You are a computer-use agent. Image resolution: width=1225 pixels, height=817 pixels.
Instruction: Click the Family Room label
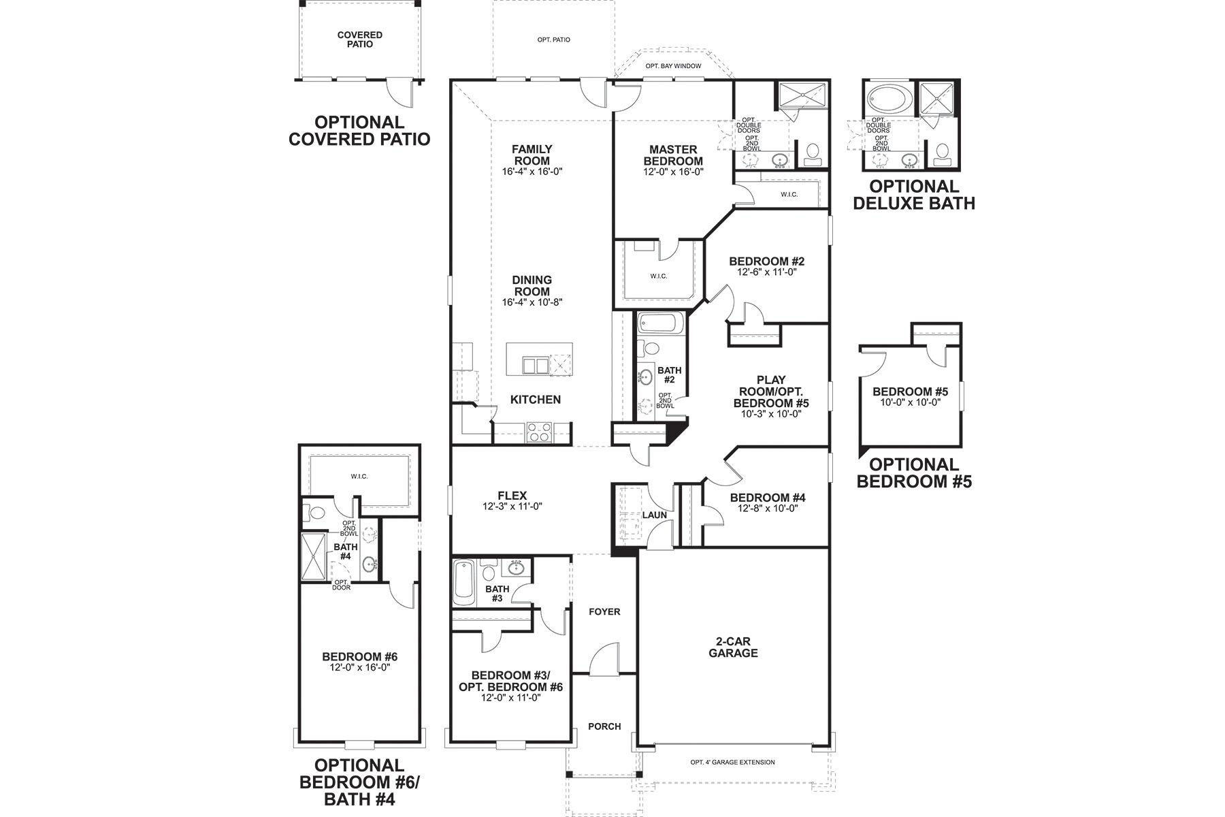coord(532,155)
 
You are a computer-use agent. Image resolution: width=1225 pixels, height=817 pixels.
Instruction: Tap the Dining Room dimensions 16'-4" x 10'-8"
coord(532,302)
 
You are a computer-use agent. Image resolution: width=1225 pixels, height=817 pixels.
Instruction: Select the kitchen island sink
coord(535,366)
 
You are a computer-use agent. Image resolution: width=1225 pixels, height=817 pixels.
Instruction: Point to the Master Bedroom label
coord(672,155)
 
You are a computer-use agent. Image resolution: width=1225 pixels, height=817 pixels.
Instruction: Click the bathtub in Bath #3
coord(463,583)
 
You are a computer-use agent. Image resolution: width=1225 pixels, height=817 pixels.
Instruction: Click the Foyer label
coord(604,611)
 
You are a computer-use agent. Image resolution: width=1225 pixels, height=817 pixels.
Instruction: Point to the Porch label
coord(604,726)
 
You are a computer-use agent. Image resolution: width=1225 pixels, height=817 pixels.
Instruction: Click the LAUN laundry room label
coord(655,515)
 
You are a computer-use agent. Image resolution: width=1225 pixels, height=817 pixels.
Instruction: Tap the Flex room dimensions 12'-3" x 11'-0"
coord(512,507)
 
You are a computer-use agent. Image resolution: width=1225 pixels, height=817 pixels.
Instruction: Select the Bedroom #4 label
coord(767,498)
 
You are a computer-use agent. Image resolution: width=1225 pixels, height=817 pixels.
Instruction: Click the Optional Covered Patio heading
coord(359,131)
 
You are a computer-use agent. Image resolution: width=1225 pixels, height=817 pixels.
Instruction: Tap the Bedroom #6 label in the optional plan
coord(359,656)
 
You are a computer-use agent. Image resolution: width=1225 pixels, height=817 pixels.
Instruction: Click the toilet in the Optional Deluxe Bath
coord(943,154)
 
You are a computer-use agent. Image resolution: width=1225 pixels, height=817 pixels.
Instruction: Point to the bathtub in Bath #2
coord(659,323)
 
